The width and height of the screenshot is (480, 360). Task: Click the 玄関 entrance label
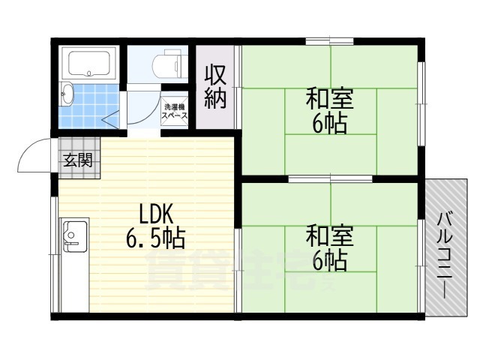77,160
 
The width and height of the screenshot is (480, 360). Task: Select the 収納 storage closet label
216,88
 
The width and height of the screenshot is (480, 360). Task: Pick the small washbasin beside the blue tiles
66,93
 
